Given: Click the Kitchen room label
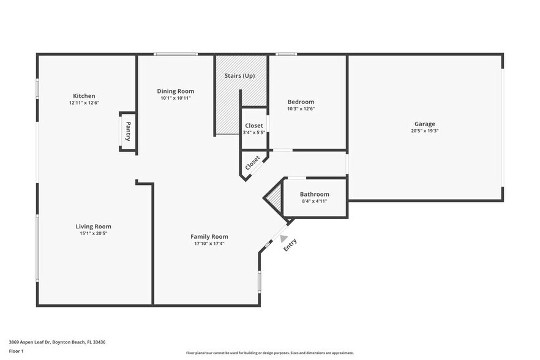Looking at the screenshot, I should (84, 96).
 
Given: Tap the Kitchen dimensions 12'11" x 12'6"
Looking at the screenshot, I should (84, 103).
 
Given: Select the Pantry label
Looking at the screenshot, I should (128, 131).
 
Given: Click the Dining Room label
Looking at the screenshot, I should (176, 91).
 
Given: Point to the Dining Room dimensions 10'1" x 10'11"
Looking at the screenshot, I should (176, 98).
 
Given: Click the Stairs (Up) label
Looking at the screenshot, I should (239, 76).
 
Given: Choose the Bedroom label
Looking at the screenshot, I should (301, 102).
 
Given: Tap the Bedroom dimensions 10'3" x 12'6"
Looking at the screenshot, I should (301, 108).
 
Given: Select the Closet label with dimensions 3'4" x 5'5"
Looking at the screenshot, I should (253, 126).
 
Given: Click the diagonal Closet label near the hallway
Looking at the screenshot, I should (252, 163).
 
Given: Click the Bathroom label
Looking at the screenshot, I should (314, 194).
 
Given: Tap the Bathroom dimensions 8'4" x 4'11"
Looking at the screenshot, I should (314, 201).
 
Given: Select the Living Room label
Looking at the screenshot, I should (93, 227).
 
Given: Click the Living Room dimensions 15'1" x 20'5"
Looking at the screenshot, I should (93, 233).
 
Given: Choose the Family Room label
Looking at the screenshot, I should (209, 236).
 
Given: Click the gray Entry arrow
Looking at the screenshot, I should (284, 231).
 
